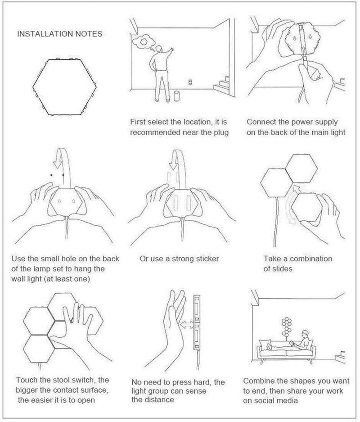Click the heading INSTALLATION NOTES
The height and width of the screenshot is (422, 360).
(60, 34)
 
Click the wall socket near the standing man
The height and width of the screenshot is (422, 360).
(190, 82)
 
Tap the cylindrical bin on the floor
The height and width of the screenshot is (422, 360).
(177, 96)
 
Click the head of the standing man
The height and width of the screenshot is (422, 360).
(159, 49)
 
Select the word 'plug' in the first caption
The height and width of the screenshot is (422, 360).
(221, 132)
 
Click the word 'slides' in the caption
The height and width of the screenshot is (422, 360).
(282, 269)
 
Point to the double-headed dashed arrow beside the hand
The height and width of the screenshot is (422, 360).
(187, 324)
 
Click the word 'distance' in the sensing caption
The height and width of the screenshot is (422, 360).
(159, 399)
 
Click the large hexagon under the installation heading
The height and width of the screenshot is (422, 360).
(64, 86)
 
